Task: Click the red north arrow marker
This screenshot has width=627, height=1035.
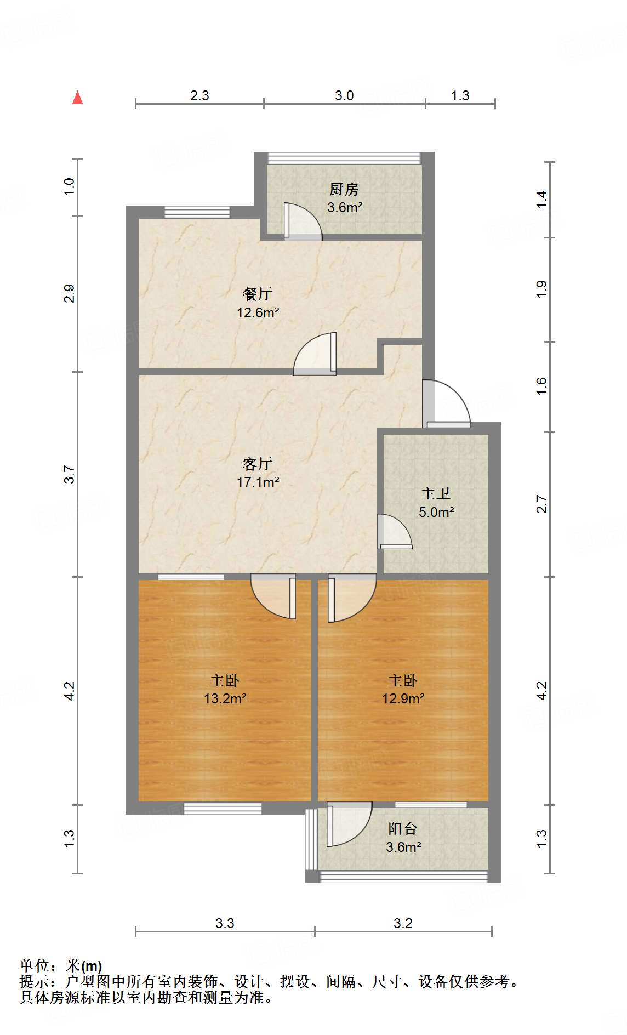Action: pyautogui.click(x=78, y=98)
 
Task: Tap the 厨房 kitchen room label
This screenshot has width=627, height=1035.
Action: pyautogui.click(x=344, y=190)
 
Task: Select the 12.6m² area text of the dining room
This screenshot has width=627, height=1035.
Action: pyautogui.click(x=258, y=313)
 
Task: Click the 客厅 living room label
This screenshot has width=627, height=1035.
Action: pyautogui.click(x=257, y=464)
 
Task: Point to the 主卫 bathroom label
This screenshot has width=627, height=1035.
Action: pyautogui.click(x=436, y=494)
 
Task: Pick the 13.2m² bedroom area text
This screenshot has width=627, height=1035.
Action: pyautogui.click(x=225, y=699)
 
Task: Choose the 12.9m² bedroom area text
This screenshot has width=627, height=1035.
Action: pyautogui.click(x=403, y=699)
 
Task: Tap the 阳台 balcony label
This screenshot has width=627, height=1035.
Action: pyautogui.click(x=403, y=829)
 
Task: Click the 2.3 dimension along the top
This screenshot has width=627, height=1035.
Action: pyautogui.click(x=200, y=96)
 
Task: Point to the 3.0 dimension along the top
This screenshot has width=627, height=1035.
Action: pyautogui.click(x=344, y=96)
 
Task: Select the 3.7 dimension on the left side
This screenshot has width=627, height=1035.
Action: pyautogui.click(x=69, y=474)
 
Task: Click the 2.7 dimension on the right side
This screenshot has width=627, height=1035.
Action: pyautogui.click(x=541, y=504)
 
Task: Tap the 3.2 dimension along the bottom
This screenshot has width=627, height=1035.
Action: pyautogui.click(x=403, y=924)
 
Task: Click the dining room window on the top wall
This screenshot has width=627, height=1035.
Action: pyautogui.click(x=197, y=212)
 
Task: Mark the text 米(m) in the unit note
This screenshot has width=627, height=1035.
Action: pyautogui.click(x=84, y=966)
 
